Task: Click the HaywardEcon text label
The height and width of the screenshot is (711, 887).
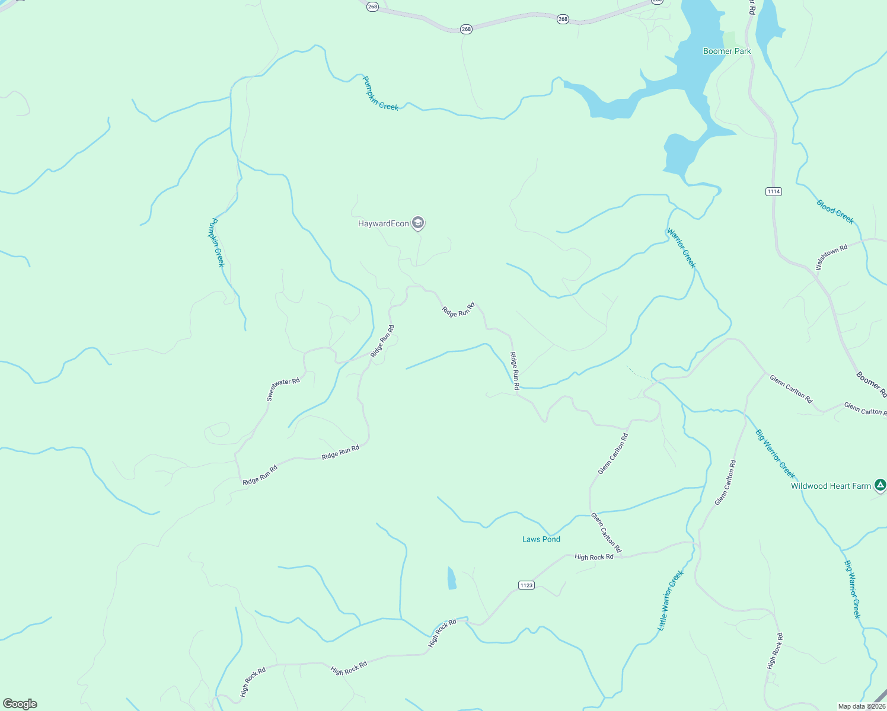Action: (x=383, y=223)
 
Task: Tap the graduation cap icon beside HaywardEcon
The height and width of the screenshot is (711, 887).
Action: (x=418, y=223)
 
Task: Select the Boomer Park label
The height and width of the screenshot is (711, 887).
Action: (x=726, y=51)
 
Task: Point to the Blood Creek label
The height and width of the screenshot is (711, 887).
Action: (x=835, y=212)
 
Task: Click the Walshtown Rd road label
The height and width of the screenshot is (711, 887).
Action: (x=831, y=257)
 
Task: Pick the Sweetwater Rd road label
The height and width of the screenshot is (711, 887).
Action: (x=283, y=389)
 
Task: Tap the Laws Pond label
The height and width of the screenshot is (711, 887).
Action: (x=541, y=539)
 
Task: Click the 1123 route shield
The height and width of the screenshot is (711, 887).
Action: (x=526, y=585)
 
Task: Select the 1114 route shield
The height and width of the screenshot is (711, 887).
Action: (x=773, y=191)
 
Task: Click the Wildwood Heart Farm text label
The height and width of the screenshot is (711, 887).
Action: (x=831, y=486)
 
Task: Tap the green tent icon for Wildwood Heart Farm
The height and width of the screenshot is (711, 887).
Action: (x=880, y=485)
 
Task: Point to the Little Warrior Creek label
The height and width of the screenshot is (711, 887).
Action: (x=671, y=600)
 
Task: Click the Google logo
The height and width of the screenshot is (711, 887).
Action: (x=20, y=703)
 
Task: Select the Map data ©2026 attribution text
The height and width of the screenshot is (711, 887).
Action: (x=860, y=706)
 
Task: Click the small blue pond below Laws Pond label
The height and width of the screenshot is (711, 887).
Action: (x=452, y=578)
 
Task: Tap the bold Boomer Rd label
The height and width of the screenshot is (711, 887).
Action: (x=871, y=384)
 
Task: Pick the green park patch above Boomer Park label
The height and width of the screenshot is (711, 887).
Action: (x=729, y=39)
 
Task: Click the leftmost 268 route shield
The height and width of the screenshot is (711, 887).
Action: (x=372, y=7)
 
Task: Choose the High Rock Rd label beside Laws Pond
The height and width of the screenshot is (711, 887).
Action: (x=594, y=557)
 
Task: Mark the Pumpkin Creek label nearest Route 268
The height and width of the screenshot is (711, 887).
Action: (x=380, y=94)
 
